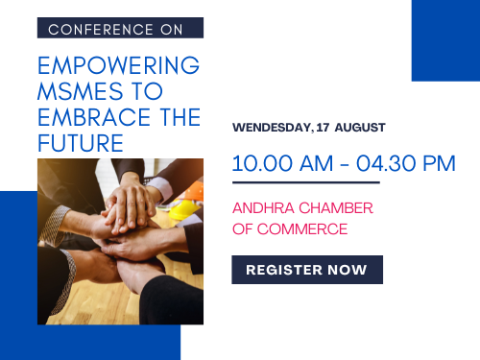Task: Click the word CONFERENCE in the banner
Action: click(101, 30)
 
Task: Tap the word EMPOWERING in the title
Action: click(119, 65)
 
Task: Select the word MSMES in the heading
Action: click(81, 91)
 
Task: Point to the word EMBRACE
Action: click(94, 117)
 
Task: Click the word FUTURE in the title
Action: click(81, 143)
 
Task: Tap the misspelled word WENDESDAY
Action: click(273, 128)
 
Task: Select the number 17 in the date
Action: click(323, 128)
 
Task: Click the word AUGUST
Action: click(360, 128)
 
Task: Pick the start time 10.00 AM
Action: click(282, 163)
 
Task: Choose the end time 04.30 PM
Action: click(406, 163)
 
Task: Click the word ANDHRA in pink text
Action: click(263, 208)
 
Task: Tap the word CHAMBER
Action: click(336, 208)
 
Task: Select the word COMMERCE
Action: click(302, 229)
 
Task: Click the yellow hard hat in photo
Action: click(181, 209)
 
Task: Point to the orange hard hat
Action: click(193, 191)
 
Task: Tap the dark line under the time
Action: click(306, 182)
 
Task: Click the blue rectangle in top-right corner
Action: click(445, 40)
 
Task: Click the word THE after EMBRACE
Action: click(180, 117)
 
